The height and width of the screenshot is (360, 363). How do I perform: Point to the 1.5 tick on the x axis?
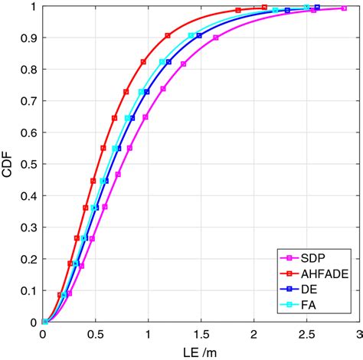(x=201, y=334)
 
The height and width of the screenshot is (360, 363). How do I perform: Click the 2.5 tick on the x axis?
(x=306, y=334)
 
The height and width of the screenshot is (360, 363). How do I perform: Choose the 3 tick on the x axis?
(x=358, y=334)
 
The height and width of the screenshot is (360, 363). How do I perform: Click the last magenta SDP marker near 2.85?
(x=342, y=8)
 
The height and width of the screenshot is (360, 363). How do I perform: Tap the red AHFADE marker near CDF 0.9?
(x=168, y=35)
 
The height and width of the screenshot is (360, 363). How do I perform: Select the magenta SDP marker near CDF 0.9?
(x=216, y=38)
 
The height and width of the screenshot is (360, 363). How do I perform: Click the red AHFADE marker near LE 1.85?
(x=238, y=10)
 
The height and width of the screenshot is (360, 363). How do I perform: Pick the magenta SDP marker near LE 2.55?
(x=313, y=10)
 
